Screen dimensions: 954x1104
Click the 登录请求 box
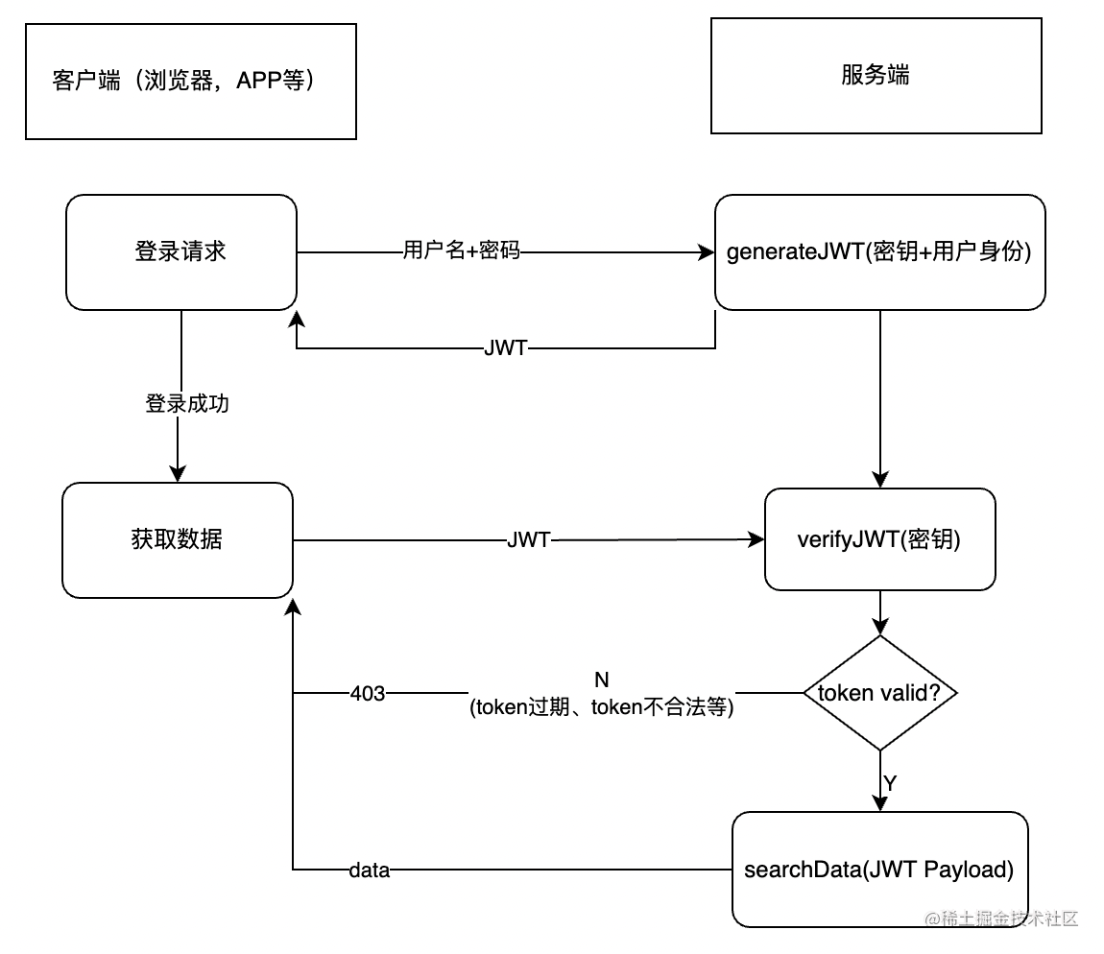tap(181, 251)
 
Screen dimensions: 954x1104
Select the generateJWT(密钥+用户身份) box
tap(879, 252)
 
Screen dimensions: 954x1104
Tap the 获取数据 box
tap(178, 539)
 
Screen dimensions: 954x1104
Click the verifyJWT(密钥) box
tap(879, 539)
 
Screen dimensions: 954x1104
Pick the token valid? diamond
tap(879, 693)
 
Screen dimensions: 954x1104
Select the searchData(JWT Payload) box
tap(879, 870)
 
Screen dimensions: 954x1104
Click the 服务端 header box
tap(876, 76)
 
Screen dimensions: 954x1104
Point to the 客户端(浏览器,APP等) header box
tap(190, 82)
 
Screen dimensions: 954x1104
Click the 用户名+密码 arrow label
tap(461, 252)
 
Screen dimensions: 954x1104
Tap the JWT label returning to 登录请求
tap(506, 348)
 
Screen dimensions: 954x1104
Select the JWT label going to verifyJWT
tap(529, 540)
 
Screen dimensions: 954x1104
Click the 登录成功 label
tap(187, 404)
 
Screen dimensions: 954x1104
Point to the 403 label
tap(368, 693)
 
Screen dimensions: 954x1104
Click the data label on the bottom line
tap(369, 871)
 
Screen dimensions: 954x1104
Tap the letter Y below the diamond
tap(890, 783)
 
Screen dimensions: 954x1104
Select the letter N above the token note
tap(602, 680)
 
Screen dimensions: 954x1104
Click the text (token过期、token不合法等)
tap(602, 708)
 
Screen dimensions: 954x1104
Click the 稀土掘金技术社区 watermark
tap(1002, 918)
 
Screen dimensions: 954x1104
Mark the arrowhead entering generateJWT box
tap(708, 252)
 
